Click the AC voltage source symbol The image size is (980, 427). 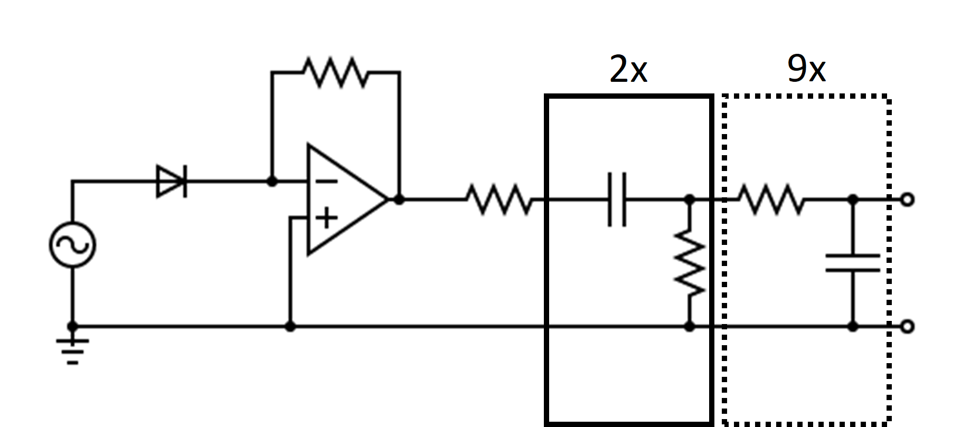[72, 244]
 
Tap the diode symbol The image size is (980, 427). [172, 181]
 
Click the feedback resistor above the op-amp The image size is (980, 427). [335, 72]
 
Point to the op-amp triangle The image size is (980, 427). [343, 200]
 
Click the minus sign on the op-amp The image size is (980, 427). [327, 182]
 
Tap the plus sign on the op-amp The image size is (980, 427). [327, 217]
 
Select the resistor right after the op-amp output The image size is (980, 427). [500, 200]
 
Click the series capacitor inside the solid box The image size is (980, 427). [617, 200]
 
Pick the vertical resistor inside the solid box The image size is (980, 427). [689, 262]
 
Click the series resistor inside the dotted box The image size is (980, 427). [770, 200]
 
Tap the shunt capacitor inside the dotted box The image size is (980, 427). [852, 263]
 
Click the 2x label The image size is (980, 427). [628, 69]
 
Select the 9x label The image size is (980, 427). [806, 69]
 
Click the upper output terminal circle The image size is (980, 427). [907, 200]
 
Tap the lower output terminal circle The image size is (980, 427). [907, 327]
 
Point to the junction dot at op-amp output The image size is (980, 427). [399, 200]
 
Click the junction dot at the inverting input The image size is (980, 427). [272, 182]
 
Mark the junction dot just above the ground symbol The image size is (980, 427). [72, 327]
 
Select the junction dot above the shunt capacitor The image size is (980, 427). [852, 200]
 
